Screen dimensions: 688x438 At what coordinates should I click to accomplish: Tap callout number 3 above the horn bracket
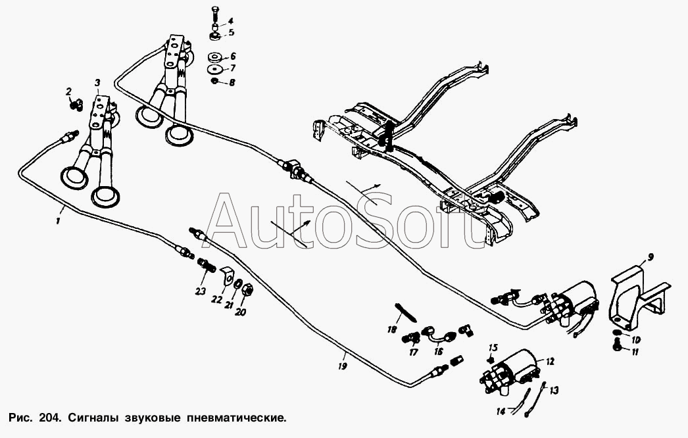coord(97,82)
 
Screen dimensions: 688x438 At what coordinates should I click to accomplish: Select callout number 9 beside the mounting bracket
coord(651,257)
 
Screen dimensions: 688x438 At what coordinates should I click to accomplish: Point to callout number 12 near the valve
coord(551,361)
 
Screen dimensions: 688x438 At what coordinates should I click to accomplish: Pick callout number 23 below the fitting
coord(201,291)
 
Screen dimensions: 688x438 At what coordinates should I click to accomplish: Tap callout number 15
coord(493,348)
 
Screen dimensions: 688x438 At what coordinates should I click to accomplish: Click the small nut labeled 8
coord(215,81)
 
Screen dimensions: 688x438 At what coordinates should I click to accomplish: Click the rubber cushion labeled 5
coord(215,34)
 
